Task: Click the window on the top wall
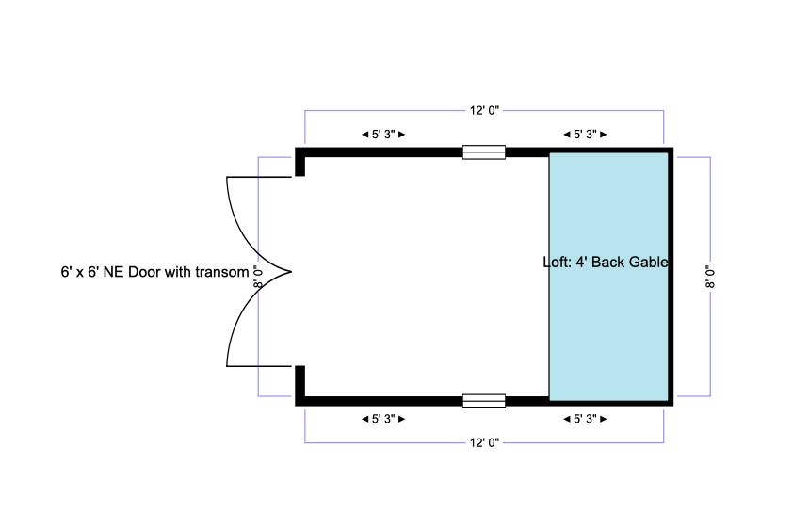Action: tap(484, 152)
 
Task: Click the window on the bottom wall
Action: tap(484, 401)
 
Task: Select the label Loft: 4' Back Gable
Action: tap(607, 263)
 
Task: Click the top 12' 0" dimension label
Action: tap(484, 111)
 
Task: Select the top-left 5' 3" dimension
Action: tap(383, 134)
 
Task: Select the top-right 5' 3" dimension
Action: tap(585, 134)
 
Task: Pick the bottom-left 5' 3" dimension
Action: tap(383, 419)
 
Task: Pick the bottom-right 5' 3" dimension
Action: tap(585, 419)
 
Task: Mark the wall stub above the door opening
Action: tap(300, 163)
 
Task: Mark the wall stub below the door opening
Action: tap(300, 383)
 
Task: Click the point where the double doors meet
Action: tap(290, 272)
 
